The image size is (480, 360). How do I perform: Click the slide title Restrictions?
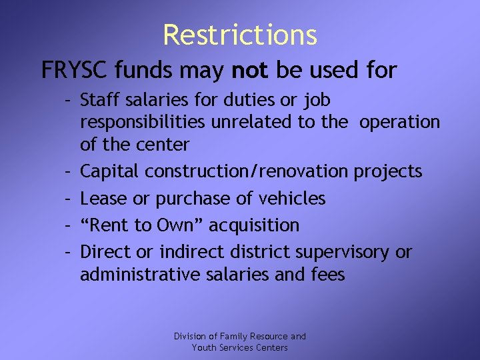coord(240,35)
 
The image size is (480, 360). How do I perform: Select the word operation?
coord(399,123)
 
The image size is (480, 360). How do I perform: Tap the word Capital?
coord(109,172)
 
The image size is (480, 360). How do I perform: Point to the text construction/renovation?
coord(246,172)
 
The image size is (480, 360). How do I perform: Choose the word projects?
coord(388,172)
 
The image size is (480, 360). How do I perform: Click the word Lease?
coord(100,199)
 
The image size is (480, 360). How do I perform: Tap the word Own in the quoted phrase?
coord(175,225)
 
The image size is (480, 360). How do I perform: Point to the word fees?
coord(326,274)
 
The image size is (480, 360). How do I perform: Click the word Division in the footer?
coord(189,337)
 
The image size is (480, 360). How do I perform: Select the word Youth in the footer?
coord(203,347)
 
